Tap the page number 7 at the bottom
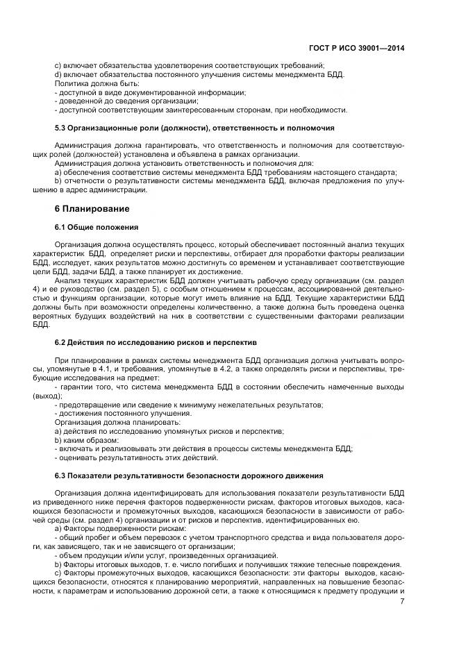[x=402, y=601]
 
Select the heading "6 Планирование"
[x=92, y=208]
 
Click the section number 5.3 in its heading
[x=61, y=128]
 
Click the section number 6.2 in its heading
[x=61, y=343]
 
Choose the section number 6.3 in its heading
[x=61, y=475]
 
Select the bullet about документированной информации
[x=151, y=92]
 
